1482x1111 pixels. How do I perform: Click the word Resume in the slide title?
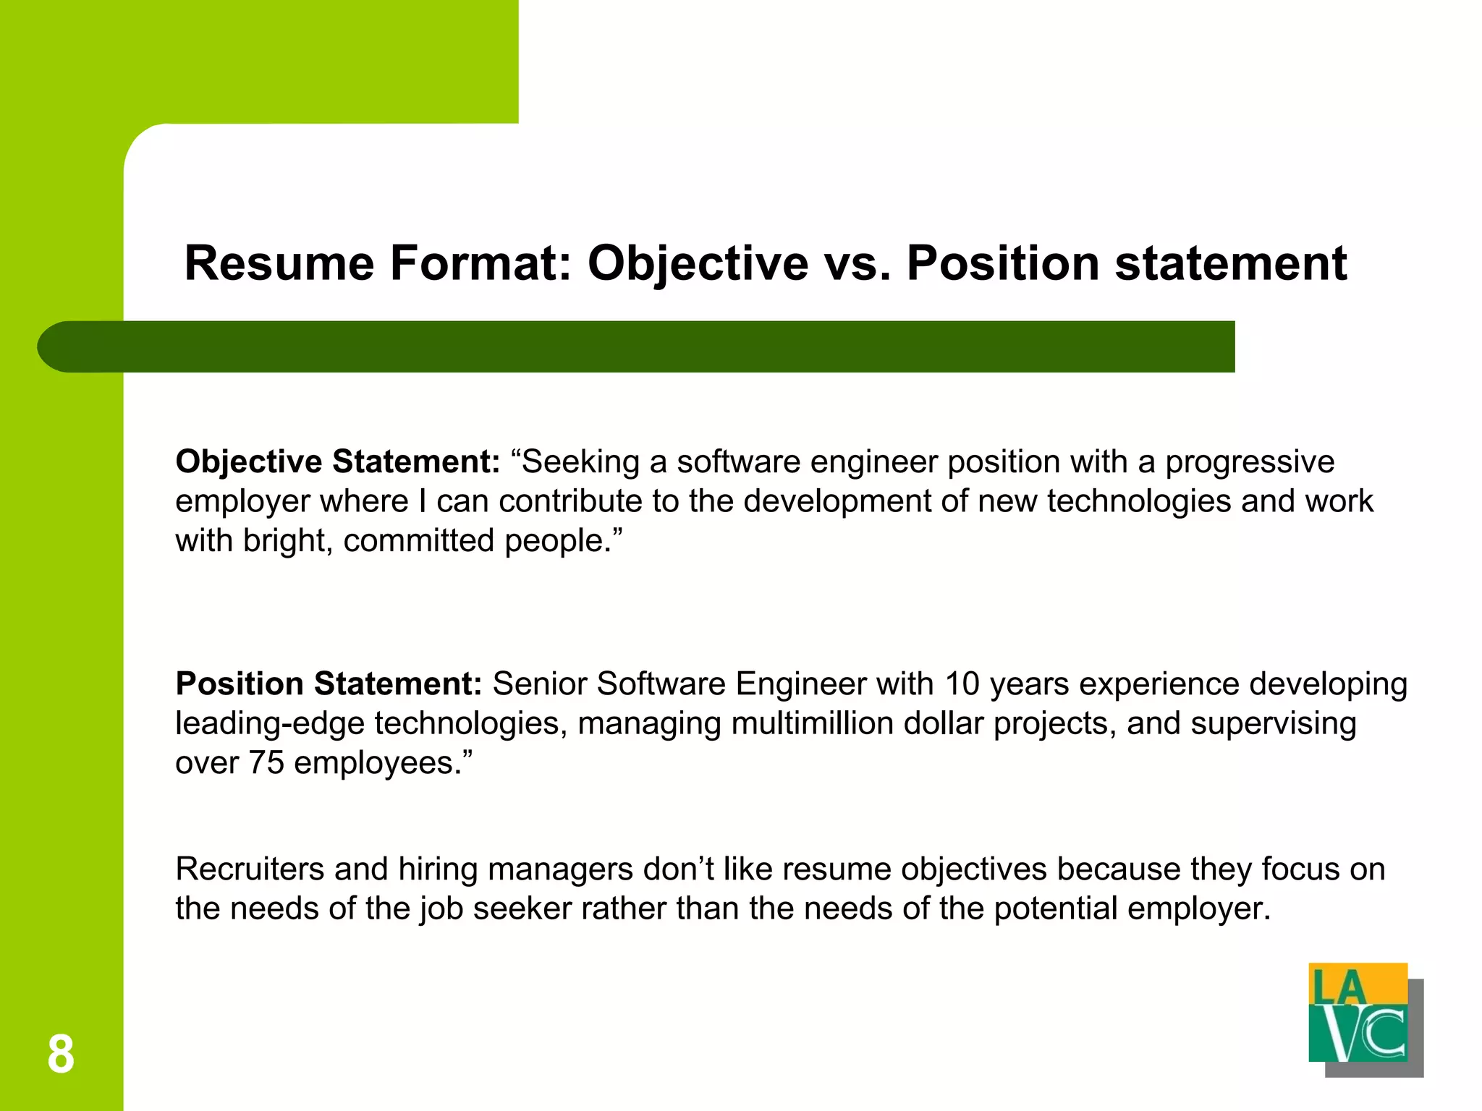[x=279, y=263]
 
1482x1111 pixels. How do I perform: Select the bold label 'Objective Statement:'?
[x=337, y=462]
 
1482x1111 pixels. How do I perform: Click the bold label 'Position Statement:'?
[x=329, y=684]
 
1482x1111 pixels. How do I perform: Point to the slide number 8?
[x=61, y=1055]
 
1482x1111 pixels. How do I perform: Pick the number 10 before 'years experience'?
[x=962, y=684]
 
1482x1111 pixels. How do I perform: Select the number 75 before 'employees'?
[x=266, y=763]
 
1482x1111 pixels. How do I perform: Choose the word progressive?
[x=1250, y=462]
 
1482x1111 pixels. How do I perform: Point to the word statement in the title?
[x=1231, y=263]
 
